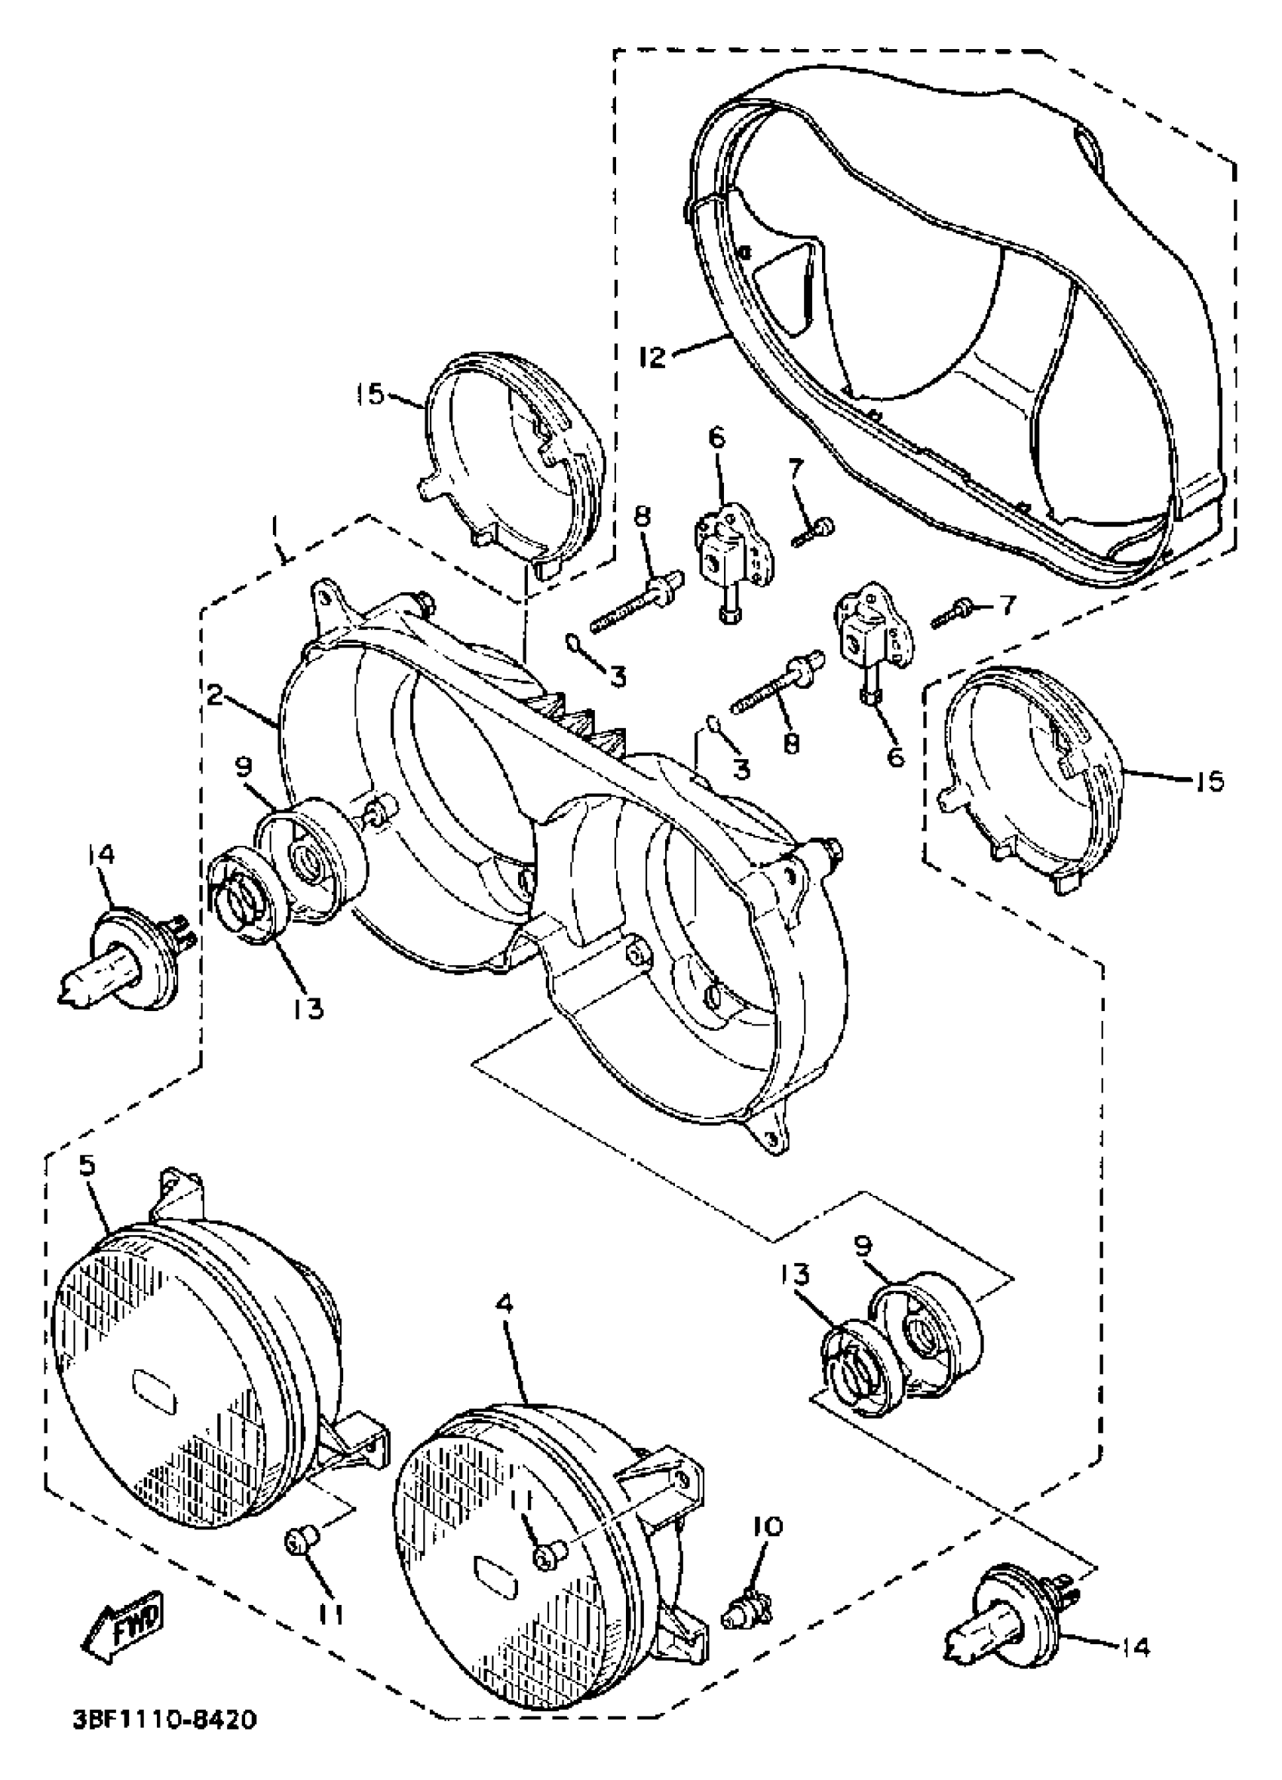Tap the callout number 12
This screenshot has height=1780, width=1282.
652,357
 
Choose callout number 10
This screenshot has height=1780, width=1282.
768,1525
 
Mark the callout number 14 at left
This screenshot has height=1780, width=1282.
102,854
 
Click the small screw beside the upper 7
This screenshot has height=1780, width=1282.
813,531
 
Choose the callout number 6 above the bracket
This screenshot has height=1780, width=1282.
717,438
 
